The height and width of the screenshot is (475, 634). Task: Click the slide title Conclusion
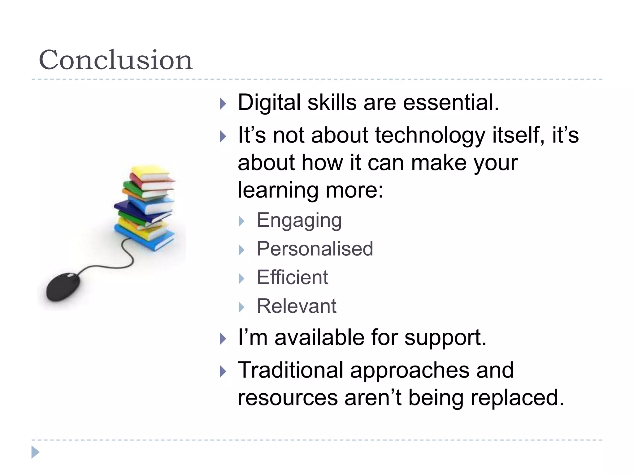[115, 60]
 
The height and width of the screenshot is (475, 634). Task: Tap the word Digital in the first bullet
[269, 103]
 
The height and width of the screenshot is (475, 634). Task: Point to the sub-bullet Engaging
[299, 221]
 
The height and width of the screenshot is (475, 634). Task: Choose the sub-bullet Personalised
[315, 249]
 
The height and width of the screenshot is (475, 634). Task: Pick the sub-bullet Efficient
[292, 277]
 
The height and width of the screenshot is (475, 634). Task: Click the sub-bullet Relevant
[296, 306]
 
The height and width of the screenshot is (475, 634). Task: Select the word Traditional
[290, 370]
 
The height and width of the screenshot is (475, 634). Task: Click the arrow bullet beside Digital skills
[223, 104]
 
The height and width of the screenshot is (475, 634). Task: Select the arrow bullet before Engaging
[242, 221]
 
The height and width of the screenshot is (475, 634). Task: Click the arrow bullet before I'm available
[223, 339]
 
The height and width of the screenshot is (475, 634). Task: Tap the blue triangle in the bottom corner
[35, 452]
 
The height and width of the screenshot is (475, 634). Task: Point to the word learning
[278, 190]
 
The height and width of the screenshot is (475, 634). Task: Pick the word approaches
[410, 370]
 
